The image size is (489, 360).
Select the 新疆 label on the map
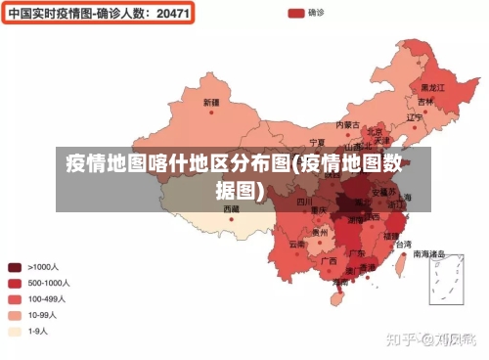coord(211,102)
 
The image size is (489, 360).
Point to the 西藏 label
coord(231,208)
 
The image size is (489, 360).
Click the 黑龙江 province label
coord(433,87)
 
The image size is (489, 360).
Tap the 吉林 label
coord(425,102)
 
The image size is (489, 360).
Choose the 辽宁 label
coord(415,117)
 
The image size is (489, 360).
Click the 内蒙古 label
coord(349,125)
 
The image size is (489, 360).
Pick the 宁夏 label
coord(317,142)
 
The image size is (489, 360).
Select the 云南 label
coord(297,244)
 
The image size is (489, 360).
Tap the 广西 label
coord(329,261)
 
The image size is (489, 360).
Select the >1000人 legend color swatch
coord(15,266)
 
